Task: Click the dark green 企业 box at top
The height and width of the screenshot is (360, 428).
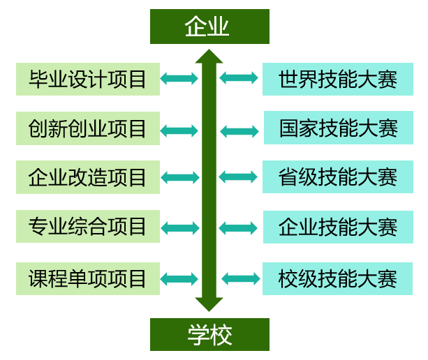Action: [209, 27]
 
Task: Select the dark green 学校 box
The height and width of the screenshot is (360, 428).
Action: [209, 334]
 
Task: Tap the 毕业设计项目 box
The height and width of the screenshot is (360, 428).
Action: [88, 79]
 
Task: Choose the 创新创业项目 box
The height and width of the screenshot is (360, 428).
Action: [88, 128]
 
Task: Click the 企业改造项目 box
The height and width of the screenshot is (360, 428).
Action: [88, 177]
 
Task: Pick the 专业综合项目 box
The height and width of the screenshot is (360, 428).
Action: [88, 226]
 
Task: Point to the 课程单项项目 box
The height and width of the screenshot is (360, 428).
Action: [88, 278]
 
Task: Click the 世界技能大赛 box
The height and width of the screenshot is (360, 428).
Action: [338, 79]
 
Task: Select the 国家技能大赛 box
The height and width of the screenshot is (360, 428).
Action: [338, 128]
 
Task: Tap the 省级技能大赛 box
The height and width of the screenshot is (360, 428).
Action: [338, 177]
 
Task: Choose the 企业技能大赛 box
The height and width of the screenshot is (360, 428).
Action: [338, 227]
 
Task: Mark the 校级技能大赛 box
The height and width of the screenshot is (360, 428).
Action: [338, 278]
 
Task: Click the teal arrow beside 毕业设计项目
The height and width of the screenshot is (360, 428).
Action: [179, 78]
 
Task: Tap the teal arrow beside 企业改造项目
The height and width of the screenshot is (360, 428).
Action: [179, 178]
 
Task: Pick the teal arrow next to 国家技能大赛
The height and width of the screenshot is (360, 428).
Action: [239, 130]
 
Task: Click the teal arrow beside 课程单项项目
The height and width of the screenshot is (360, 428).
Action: [179, 279]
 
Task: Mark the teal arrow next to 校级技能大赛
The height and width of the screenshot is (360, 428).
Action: [240, 279]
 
